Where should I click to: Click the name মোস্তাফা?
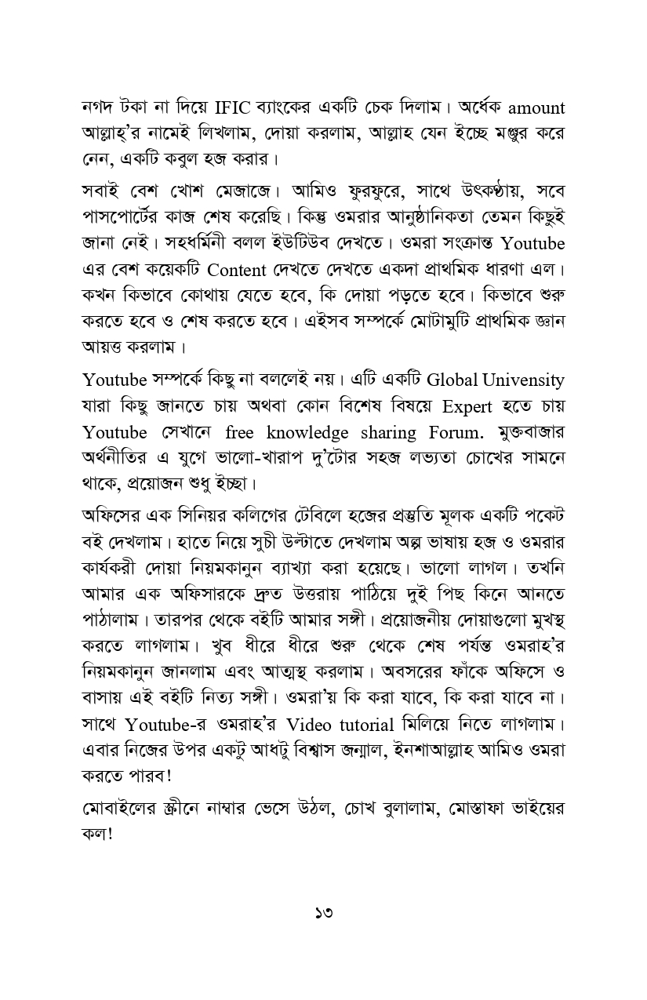(x=474, y=807)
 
